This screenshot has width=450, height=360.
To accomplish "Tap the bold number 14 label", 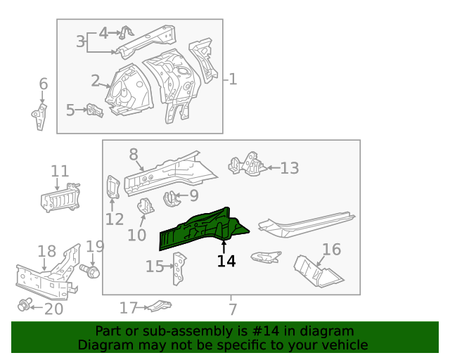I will coord(226,262).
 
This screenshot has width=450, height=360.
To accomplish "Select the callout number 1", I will coord(233,79).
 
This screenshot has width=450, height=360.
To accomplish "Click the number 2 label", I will coord(96,81).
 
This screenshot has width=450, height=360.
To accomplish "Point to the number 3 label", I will coord(81,41).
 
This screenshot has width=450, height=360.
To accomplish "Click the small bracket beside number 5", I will coord(94,110).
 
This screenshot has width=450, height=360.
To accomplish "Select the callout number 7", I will coord(232,308).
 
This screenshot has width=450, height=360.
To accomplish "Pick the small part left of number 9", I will coord(170,198).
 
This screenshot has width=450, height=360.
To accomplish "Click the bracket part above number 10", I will coord(146,207).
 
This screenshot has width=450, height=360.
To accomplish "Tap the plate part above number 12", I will coord(112,188).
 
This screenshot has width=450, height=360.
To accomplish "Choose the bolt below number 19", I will coord(91,271).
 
